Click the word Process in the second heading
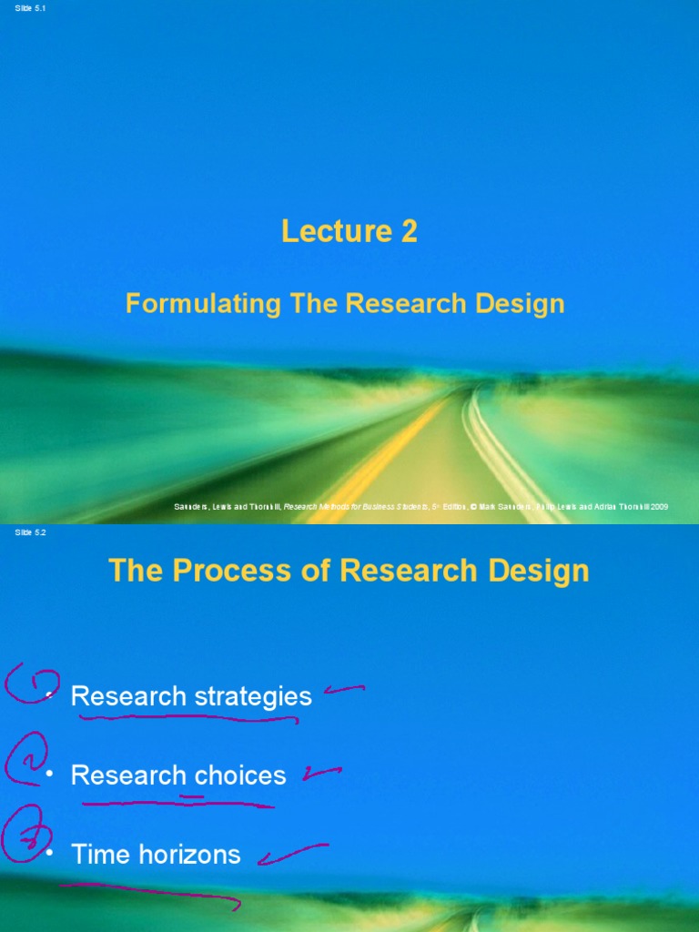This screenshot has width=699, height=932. point(241,572)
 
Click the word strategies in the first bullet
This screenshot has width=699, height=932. point(253,697)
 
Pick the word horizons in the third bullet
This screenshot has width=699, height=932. point(199,855)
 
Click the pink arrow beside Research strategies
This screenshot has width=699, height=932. point(343,692)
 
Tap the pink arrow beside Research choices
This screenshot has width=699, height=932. point(322,774)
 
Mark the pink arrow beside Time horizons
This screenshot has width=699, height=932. point(291,856)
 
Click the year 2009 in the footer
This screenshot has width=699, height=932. point(658,506)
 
